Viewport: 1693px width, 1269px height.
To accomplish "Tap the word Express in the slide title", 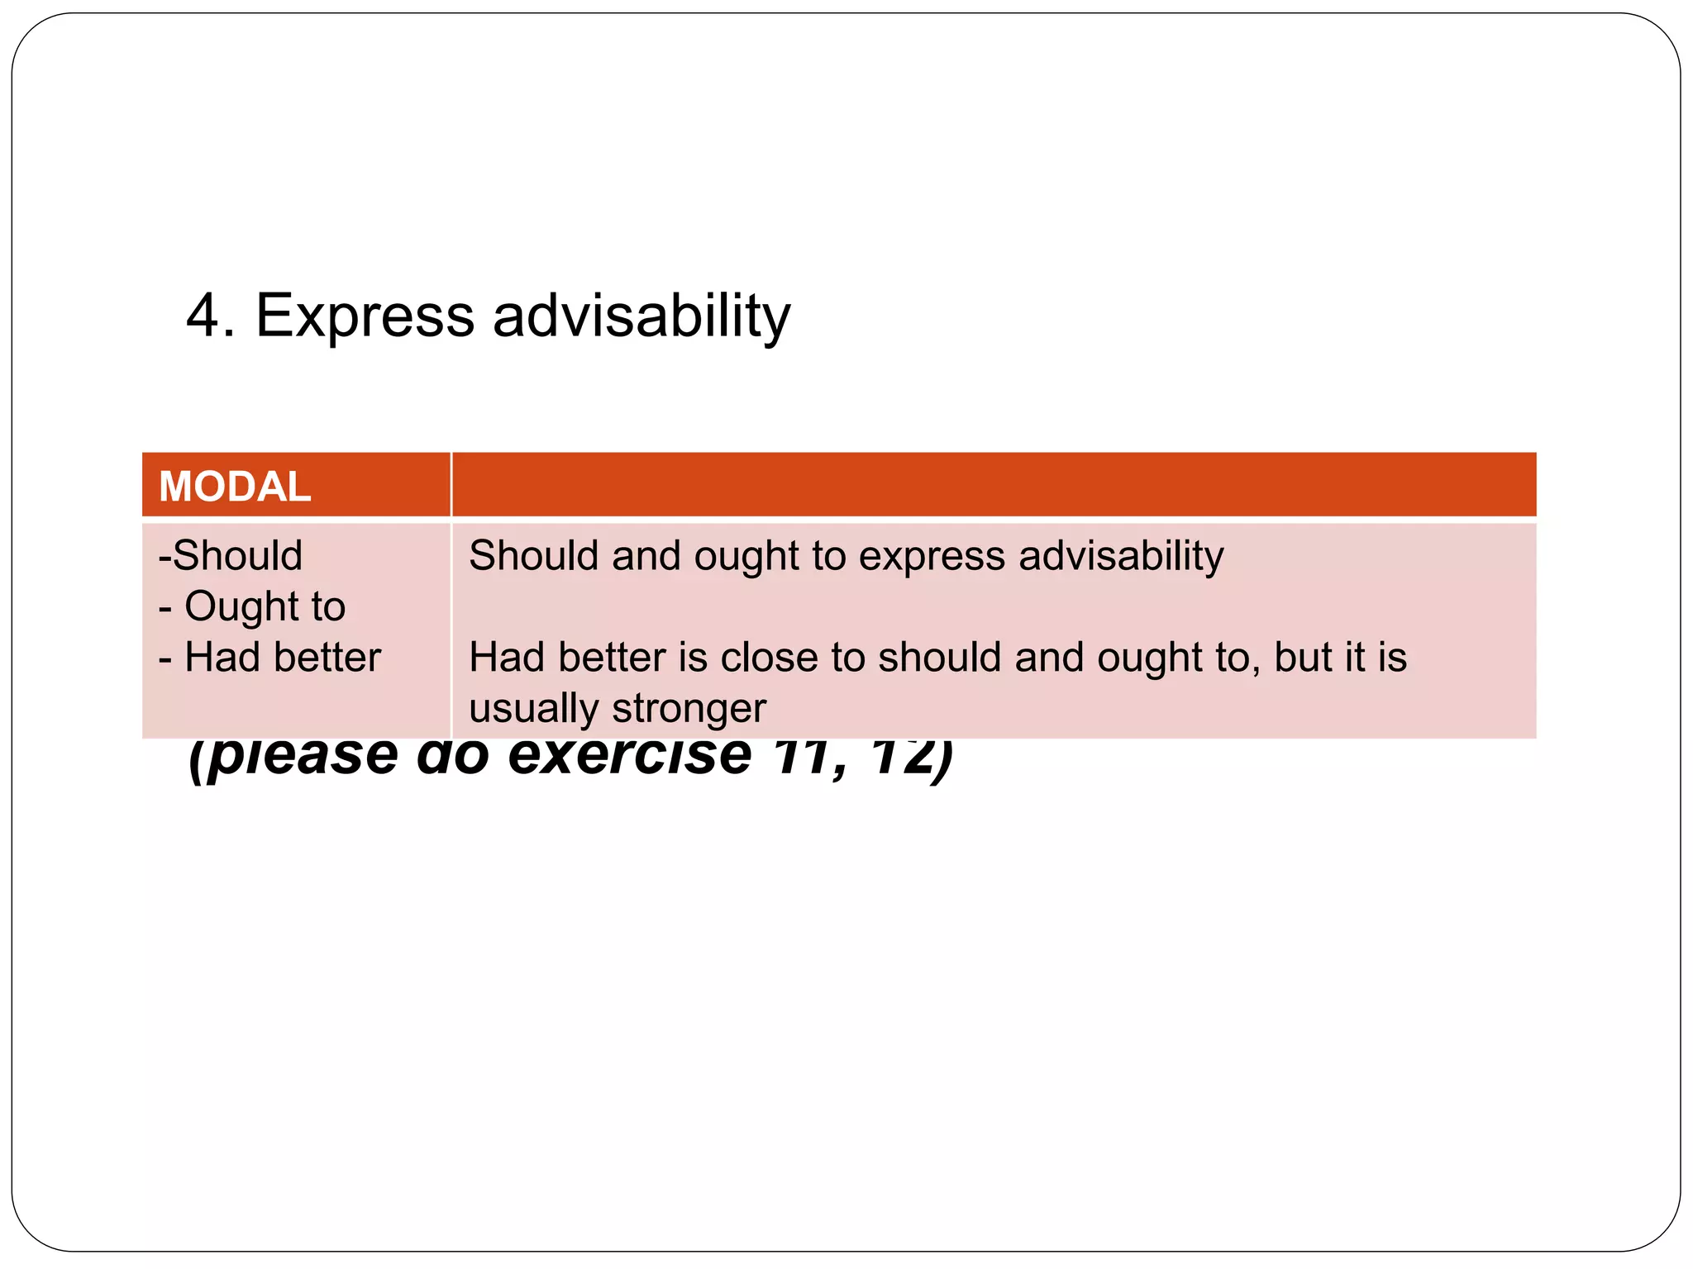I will click(x=365, y=316).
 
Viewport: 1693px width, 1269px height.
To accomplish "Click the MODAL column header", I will click(x=235, y=486).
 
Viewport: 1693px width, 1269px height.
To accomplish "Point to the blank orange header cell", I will click(x=993, y=485).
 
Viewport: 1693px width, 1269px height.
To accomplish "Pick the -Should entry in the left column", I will click(x=231, y=555).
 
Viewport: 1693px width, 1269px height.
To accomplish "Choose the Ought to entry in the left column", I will click(x=265, y=607).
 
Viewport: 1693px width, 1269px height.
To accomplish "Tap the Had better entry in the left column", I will click(x=282, y=658).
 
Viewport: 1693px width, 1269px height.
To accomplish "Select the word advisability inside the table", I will click(x=1121, y=556).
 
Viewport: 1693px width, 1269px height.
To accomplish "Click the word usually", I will click(x=533, y=709).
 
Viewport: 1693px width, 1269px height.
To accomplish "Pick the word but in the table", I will click(x=1302, y=658).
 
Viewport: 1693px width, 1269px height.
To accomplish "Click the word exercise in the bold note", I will click(x=629, y=757).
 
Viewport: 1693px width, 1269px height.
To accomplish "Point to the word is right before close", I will click(x=692, y=658).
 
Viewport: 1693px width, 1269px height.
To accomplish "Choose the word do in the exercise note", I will click(x=452, y=757).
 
